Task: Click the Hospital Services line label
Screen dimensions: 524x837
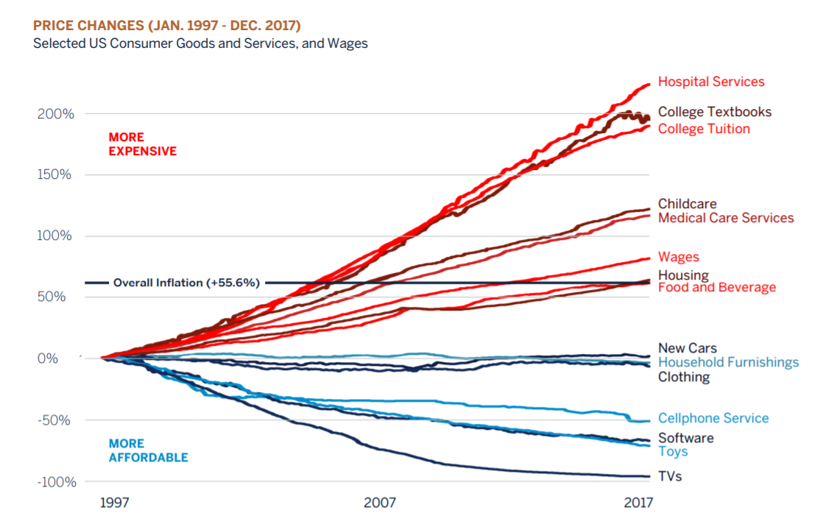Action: pos(711,82)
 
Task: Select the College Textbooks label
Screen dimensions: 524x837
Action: pos(714,112)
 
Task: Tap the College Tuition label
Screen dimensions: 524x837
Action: pos(704,129)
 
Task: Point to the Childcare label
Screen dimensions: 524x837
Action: pos(687,204)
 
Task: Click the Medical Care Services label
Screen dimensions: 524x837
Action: pos(726,218)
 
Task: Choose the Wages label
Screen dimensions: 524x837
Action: pos(678,257)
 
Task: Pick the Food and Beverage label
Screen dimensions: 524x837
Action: pos(716,288)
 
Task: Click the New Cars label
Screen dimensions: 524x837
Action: pos(687,348)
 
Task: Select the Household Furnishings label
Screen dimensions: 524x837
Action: pos(728,362)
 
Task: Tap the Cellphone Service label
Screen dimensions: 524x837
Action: pos(713,418)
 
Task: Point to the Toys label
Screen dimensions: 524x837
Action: pos(673,451)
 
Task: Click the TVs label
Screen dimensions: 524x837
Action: pos(670,476)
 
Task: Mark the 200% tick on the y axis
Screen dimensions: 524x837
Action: pos(56,114)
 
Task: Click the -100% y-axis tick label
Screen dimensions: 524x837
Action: pos(54,481)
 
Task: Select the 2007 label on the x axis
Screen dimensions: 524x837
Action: pos(379,503)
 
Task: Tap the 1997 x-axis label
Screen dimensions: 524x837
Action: pos(114,503)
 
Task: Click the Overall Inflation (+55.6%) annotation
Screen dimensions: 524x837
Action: pos(186,283)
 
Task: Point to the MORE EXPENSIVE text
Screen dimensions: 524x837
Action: pos(142,144)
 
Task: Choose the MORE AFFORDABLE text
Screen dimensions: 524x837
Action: pos(148,450)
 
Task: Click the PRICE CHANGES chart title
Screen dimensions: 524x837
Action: pos(167,26)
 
